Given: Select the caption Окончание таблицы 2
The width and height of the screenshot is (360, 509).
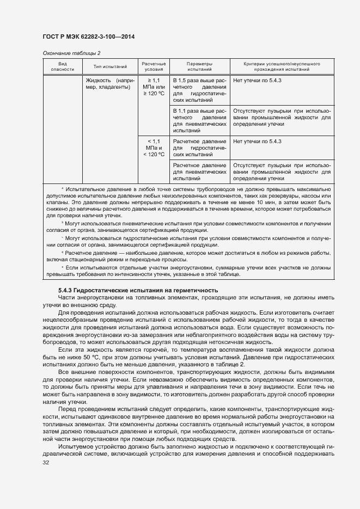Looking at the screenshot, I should click(71, 53).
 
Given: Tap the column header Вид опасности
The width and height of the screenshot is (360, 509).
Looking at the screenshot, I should click(58, 66).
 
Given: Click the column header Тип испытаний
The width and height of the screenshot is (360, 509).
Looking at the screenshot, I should click(110, 66).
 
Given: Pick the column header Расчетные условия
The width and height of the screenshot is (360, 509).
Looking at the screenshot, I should click(154, 66).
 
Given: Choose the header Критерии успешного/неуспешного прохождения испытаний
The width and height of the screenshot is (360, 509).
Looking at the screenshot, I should click(282, 66).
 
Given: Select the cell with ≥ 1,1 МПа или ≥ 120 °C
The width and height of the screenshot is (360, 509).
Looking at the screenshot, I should click(154, 87).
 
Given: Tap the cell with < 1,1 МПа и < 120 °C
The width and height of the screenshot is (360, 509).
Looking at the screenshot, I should click(154, 148).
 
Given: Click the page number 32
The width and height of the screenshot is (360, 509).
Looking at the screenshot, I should click(45, 463).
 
